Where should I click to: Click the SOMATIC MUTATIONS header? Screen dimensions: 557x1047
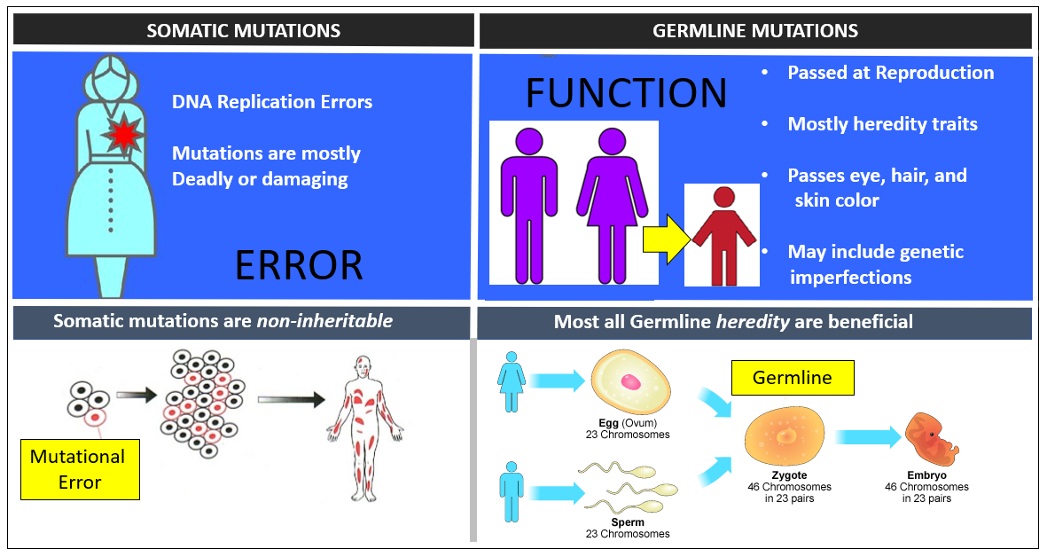click(243, 30)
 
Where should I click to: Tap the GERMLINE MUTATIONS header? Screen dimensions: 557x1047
click(754, 30)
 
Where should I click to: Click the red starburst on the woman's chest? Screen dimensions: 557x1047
click(122, 136)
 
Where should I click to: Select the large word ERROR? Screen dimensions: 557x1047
click(299, 264)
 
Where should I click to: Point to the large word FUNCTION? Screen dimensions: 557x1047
click(626, 94)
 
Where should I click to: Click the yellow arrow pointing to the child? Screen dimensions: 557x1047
click(664, 239)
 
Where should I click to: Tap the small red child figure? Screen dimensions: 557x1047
click(723, 234)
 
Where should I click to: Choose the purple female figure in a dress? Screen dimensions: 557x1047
click(610, 204)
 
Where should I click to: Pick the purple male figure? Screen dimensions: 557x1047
click(528, 204)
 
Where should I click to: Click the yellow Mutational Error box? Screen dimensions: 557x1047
click(80, 469)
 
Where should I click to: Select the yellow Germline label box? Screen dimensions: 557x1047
click(792, 378)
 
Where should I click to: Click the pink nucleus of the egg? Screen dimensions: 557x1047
click(631, 382)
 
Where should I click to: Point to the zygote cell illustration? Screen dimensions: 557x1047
click(785, 439)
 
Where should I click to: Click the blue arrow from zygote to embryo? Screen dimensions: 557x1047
click(867, 437)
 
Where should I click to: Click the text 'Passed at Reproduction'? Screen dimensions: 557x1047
click(890, 73)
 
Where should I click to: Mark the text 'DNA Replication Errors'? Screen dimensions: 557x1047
click(272, 101)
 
